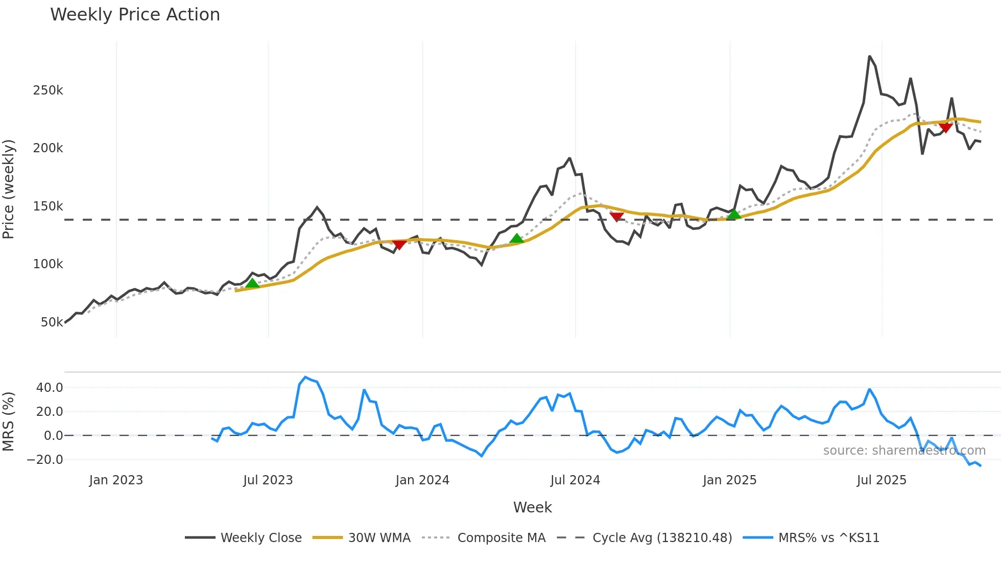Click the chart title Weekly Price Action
tap(135, 15)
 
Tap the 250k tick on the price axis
tap(48, 90)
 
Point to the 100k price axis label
tap(48, 264)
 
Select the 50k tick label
tap(52, 322)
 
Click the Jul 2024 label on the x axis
tap(575, 480)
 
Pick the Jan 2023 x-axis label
tap(116, 480)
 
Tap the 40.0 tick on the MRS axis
tap(50, 388)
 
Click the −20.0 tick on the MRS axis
tap(45, 460)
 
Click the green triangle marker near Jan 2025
tap(734, 214)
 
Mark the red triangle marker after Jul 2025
tap(945, 128)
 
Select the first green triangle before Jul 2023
tap(252, 284)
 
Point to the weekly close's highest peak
tap(869, 56)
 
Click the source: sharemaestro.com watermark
tap(904, 451)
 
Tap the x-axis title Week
tap(532, 507)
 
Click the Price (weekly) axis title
tap(9, 189)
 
